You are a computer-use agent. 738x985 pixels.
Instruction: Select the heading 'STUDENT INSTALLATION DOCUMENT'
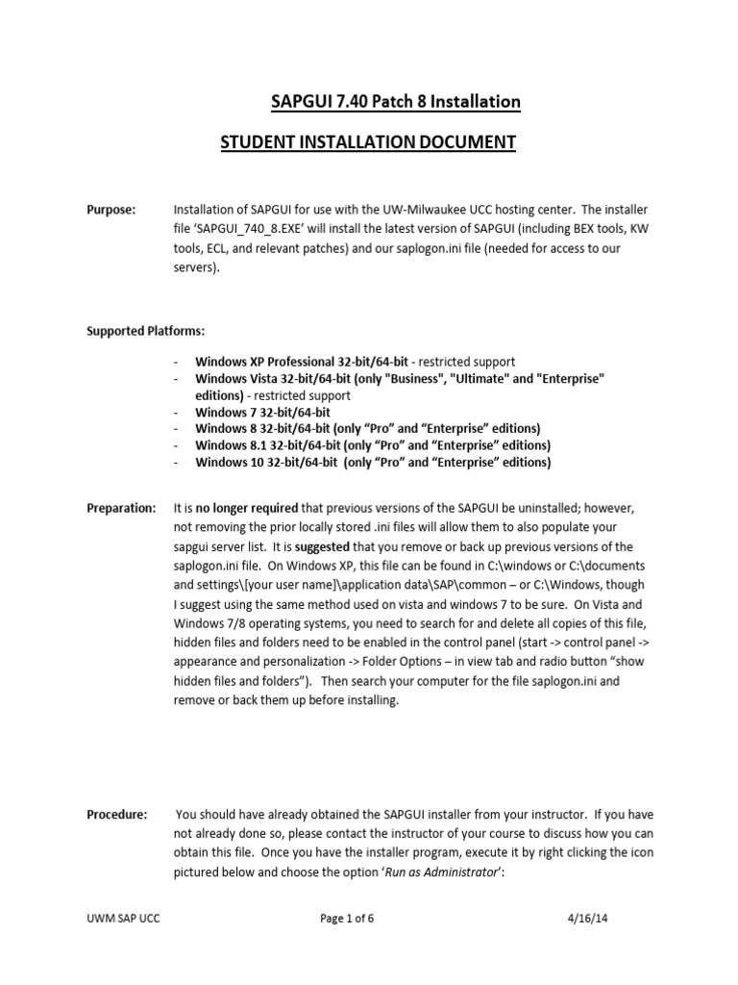(x=368, y=142)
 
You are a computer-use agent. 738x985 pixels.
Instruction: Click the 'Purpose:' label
(x=111, y=210)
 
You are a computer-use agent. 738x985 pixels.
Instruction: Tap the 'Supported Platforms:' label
(x=146, y=330)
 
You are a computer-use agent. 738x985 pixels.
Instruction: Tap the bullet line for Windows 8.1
(x=373, y=445)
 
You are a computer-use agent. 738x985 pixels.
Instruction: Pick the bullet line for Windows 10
(x=373, y=462)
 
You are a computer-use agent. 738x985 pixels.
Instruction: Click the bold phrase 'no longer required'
(x=249, y=507)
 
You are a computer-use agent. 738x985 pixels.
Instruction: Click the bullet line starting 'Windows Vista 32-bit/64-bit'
(x=400, y=379)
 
